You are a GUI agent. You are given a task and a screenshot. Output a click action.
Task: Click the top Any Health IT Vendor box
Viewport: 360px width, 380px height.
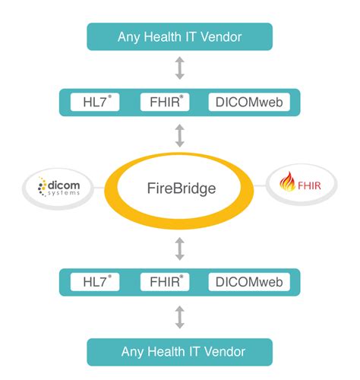coord(179,36)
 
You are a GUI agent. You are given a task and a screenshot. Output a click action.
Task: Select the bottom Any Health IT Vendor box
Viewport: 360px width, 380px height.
coord(179,351)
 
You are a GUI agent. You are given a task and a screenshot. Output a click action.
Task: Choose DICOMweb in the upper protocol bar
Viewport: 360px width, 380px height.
coord(248,102)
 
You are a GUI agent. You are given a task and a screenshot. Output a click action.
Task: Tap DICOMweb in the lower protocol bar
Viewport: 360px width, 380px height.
coord(248,283)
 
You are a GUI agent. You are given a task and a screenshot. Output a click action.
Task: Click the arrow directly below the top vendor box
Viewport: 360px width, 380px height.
coord(179,68)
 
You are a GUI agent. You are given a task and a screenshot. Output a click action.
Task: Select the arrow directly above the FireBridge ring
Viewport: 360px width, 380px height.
coord(179,135)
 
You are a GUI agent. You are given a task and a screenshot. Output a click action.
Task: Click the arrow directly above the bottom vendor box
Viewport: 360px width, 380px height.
coord(179,317)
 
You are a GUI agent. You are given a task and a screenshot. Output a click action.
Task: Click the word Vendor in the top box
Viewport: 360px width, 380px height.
coord(223,36)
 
